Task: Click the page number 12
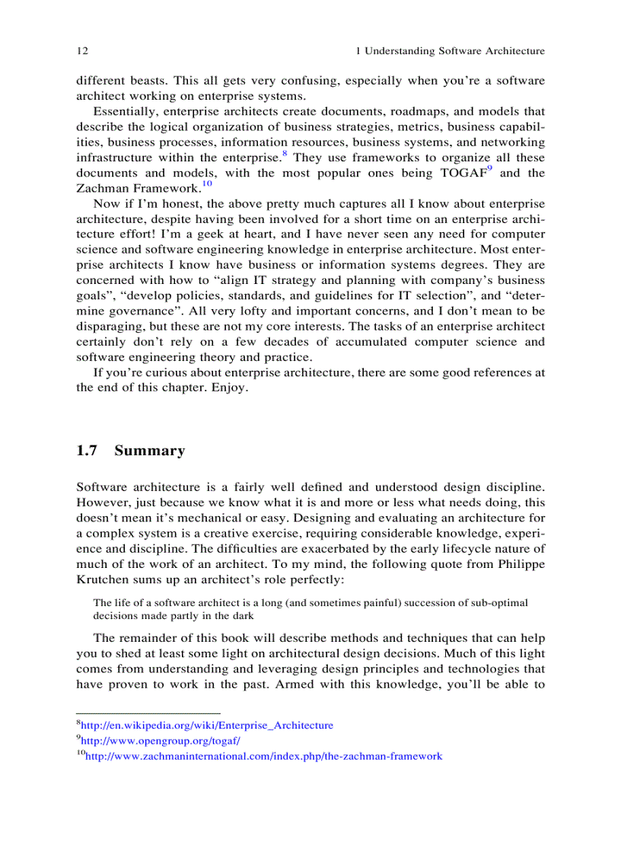(x=82, y=51)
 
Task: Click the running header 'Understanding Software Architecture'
(x=454, y=51)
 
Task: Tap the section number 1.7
(x=87, y=451)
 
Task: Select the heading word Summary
(x=149, y=451)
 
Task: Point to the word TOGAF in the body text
(x=463, y=173)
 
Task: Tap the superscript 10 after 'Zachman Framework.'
(x=207, y=184)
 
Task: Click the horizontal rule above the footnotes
(x=148, y=713)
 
